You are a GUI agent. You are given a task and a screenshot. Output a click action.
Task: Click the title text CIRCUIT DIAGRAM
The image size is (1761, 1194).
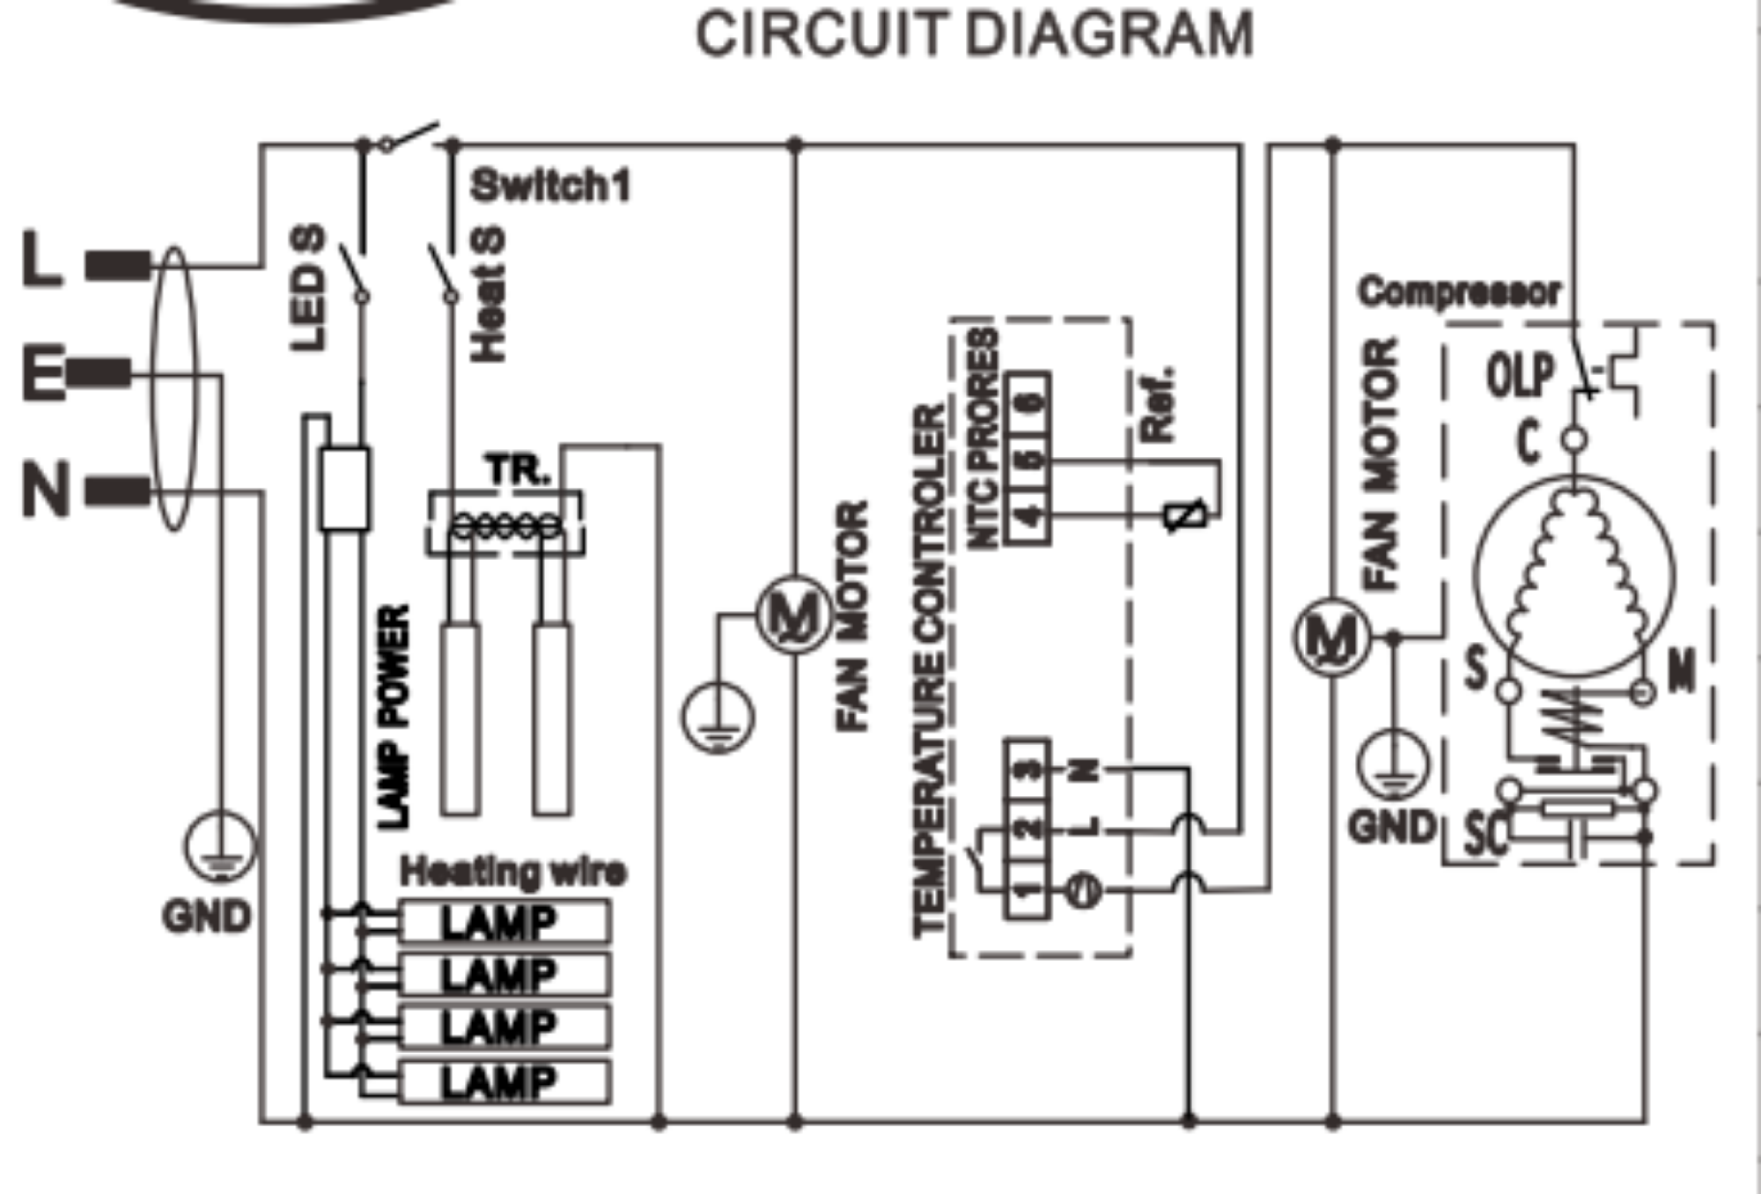pyautogui.click(x=975, y=35)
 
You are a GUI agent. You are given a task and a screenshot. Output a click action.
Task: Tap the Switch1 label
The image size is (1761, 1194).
pyautogui.click(x=550, y=186)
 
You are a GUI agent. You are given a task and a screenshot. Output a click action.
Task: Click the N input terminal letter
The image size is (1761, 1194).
pyautogui.click(x=46, y=490)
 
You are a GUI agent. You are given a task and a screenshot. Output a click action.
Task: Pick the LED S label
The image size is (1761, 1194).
pyautogui.click(x=308, y=288)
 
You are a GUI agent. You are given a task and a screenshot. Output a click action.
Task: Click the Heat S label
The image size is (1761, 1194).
pyautogui.click(x=489, y=295)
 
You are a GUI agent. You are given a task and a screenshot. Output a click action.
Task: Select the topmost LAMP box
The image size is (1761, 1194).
pyautogui.click(x=505, y=922)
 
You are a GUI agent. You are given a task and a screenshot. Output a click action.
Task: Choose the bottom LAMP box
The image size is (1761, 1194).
pyautogui.click(x=505, y=1082)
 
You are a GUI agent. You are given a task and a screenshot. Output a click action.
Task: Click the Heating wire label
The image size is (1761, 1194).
pyautogui.click(x=512, y=872)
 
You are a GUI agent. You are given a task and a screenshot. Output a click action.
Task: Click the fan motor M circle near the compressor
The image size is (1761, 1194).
pyautogui.click(x=1331, y=636)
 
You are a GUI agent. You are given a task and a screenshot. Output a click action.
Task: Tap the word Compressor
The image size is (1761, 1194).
pyautogui.click(x=1458, y=291)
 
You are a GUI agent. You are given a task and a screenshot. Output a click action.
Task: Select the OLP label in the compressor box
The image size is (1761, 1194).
pyautogui.click(x=1520, y=374)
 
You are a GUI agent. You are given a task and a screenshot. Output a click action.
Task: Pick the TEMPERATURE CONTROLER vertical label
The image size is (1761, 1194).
pyautogui.click(x=930, y=669)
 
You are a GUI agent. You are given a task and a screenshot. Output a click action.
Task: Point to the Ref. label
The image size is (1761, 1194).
pyautogui.click(x=1158, y=403)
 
